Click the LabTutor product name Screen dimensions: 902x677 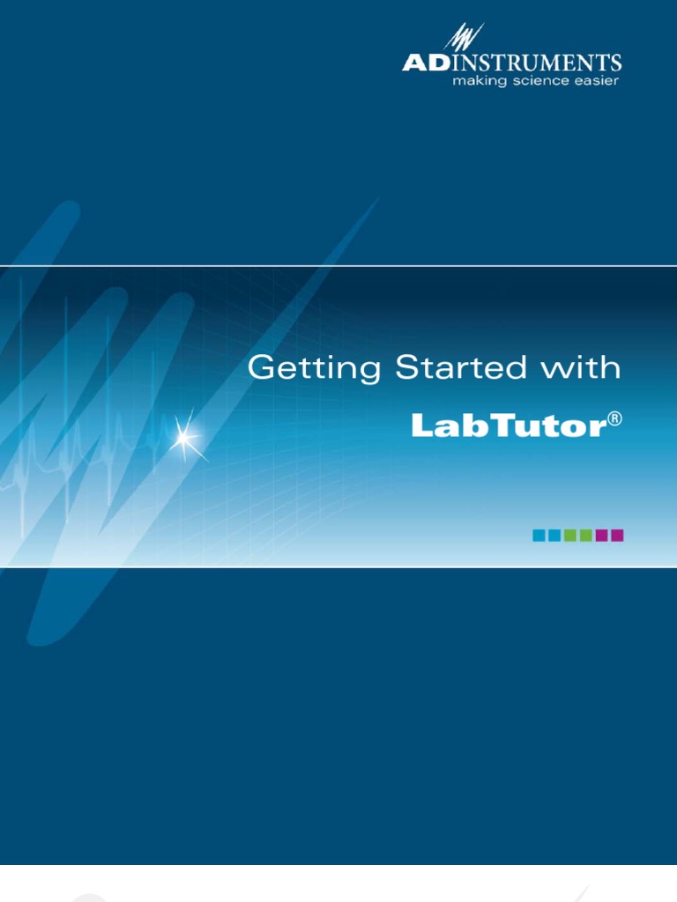click(x=508, y=426)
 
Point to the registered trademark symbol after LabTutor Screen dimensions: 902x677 click(x=614, y=421)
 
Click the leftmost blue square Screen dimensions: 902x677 click(x=539, y=535)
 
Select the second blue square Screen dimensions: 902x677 click(x=554, y=535)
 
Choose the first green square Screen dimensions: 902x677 click(x=570, y=535)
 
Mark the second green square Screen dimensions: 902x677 click(x=585, y=535)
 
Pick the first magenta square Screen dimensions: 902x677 click(x=601, y=535)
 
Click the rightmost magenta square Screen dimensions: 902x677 click(x=617, y=535)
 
